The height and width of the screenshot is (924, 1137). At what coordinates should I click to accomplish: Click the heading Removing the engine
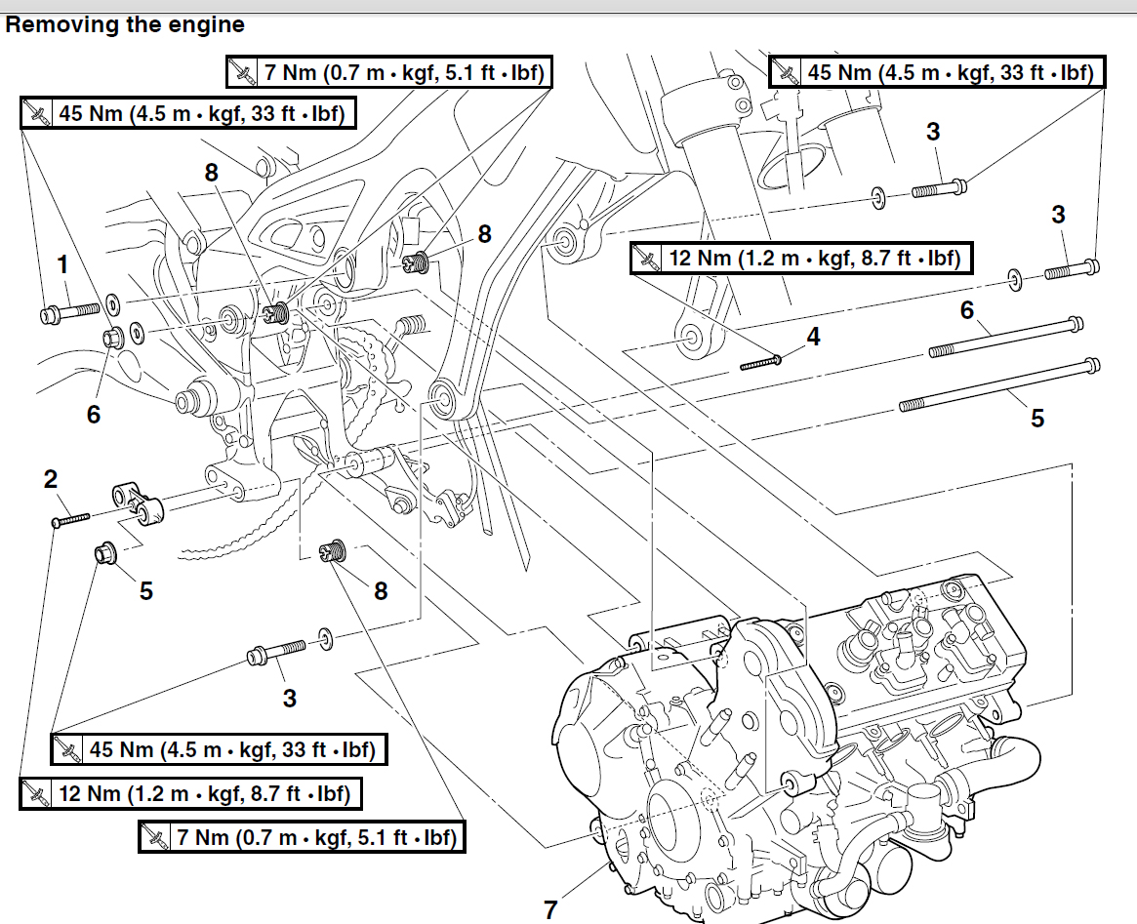[125, 24]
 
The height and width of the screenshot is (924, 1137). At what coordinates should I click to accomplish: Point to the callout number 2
[51, 479]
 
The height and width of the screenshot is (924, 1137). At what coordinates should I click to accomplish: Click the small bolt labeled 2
[70, 519]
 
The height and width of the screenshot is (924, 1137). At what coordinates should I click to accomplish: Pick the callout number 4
[813, 337]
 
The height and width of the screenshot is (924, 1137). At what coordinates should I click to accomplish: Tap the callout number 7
[550, 909]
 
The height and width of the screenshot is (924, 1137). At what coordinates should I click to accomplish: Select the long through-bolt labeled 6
[1005, 336]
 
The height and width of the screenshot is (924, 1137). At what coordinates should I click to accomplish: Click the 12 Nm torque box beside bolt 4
[801, 258]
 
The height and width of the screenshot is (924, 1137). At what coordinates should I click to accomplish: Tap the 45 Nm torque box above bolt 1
[187, 113]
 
